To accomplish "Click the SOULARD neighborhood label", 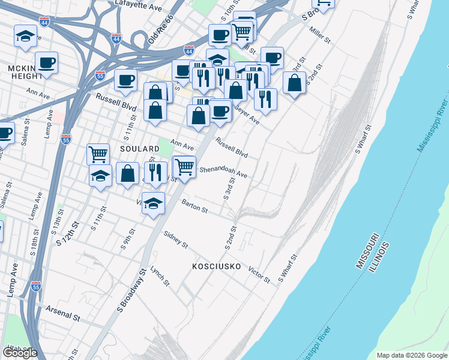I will tap(139, 148).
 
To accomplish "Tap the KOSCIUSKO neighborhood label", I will tap(216, 266).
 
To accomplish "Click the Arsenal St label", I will tap(63, 313).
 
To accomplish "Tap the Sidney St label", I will tap(176, 241).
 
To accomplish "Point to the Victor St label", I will tap(259, 273).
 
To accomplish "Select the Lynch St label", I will tap(160, 275).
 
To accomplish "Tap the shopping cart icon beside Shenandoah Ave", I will tap(184, 166).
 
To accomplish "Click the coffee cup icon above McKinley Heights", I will tap(46, 62).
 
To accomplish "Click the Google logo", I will tap(20, 353).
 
